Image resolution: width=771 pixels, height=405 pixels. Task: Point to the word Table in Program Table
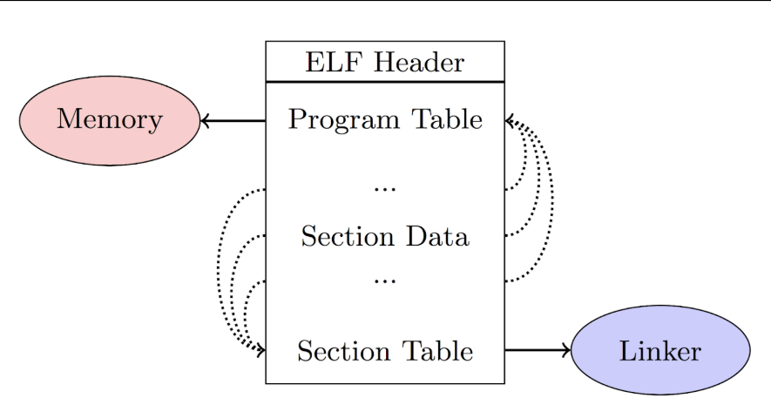point(443,119)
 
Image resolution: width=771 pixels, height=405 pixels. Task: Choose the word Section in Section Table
point(341,351)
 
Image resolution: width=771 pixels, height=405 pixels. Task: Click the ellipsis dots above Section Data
point(384,188)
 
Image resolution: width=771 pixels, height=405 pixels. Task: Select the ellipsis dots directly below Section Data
point(384,281)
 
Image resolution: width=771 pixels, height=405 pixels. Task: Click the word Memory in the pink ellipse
point(110,120)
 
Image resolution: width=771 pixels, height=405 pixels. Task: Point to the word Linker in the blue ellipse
point(659,351)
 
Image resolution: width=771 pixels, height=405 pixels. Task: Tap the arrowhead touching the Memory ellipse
point(206,121)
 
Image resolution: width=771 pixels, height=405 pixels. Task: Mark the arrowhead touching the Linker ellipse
point(566,350)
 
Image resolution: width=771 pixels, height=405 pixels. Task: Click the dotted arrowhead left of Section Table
point(260,350)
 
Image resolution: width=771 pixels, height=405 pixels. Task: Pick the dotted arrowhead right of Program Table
point(511,122)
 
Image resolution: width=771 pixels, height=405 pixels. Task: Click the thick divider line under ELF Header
point(384,82)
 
